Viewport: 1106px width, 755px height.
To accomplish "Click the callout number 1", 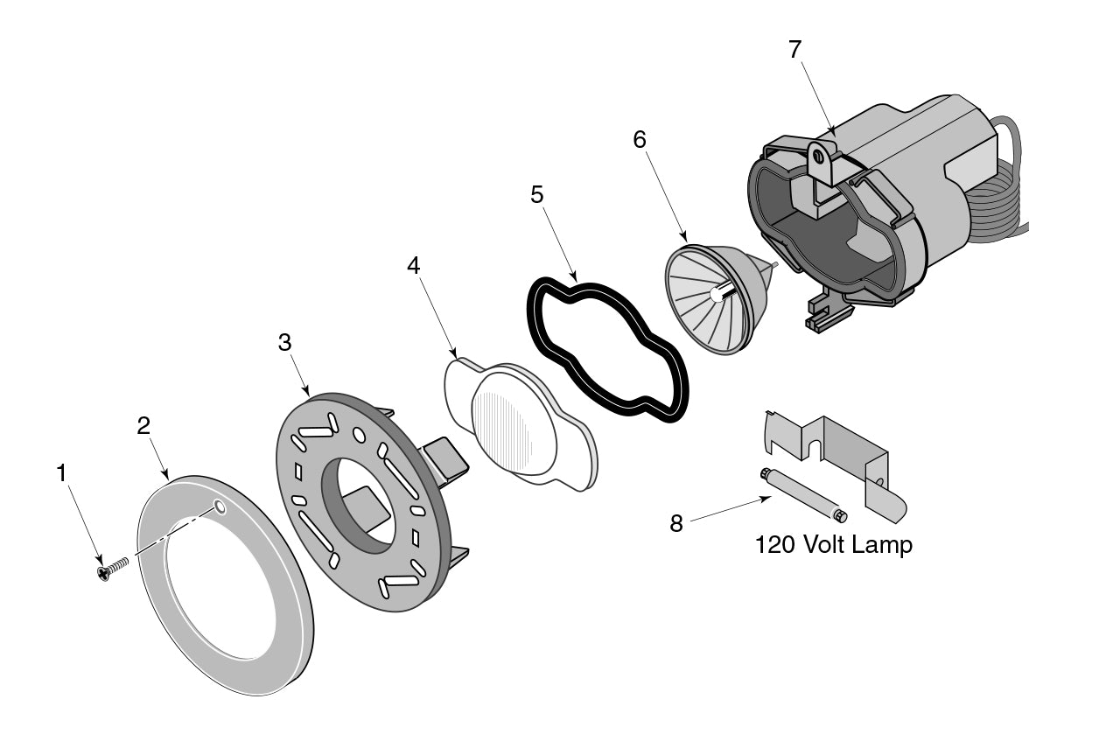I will point(60,473).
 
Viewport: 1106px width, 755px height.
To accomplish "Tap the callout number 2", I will point(143,425).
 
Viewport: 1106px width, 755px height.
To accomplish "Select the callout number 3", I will point(284,343).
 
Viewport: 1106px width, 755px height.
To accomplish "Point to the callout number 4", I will point(414,265).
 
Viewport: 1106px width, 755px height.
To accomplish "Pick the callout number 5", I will point(536,194).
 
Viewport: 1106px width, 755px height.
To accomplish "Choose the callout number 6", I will point(639,138).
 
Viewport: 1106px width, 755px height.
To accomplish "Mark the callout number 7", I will point(794,49).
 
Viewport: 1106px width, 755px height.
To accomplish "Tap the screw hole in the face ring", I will point(219,507).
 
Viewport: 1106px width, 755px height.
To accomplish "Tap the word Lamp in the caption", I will point(884,545).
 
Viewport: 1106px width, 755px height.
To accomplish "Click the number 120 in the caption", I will point(774,545).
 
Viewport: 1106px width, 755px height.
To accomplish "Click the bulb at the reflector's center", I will point(717,295).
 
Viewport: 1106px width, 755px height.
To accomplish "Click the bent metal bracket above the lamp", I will point(840,446).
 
